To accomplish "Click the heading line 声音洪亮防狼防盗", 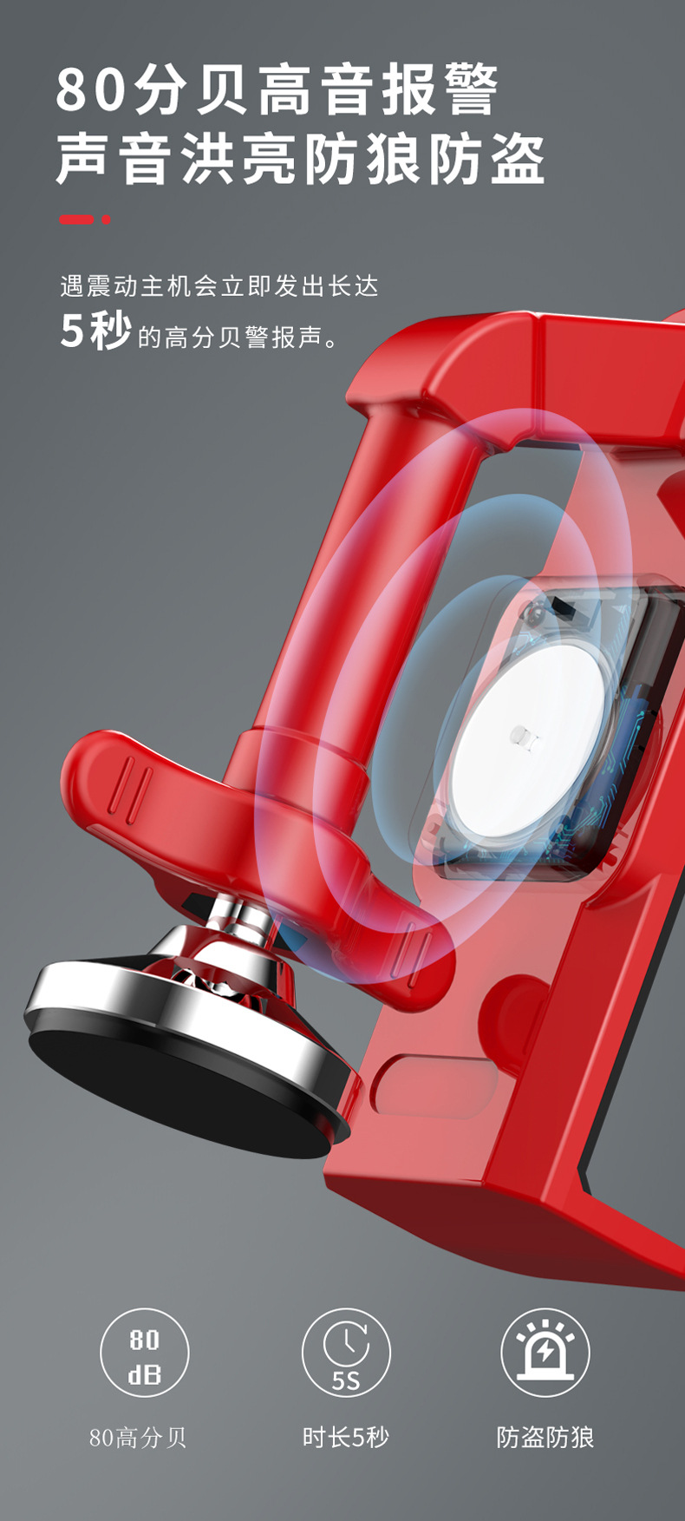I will click(x=300, y=159).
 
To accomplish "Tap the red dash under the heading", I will click(x=76, y=220).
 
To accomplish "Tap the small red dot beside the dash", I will click(x=107, y=220).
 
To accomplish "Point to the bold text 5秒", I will click(x=95, y=331).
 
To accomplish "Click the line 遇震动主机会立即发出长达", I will click(x=219, y=285).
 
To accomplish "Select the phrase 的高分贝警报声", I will click(x=230, y=337).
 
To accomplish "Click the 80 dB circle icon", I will click(x=144, y=1353).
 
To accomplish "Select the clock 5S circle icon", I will click(x=346, y=1353).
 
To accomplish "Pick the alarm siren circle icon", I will click(x=545, y=1353).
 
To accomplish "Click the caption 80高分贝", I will click(x=138, y=1438).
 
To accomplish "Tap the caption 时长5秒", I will click(x=345, y=1438).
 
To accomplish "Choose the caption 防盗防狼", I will click(x=545, y=1438).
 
